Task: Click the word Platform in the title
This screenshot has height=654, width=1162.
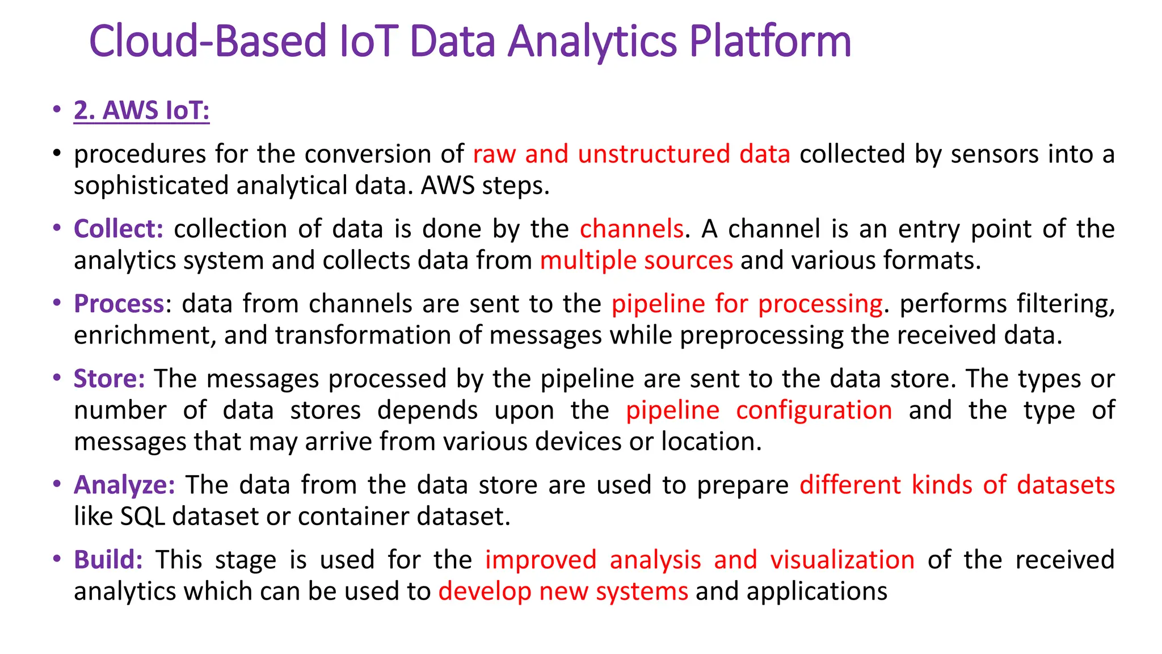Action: [x=770, y=42]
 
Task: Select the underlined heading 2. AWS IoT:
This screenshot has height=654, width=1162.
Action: [x=141, y=110]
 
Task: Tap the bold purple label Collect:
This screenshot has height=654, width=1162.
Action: [x=119, y=229]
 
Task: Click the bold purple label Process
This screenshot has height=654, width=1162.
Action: [x=119, y=304]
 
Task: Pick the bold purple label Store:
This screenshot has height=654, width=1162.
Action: [x=110, y=379]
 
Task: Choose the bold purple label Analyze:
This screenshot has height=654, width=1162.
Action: [x=124, y=485]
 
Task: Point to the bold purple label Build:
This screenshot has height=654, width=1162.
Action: [x=108, y=560]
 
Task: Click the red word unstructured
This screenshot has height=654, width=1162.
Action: [x=654, y=154]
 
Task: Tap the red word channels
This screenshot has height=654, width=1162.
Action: [x=631, y=229]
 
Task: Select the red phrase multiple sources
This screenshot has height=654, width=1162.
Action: [x=636, y=261]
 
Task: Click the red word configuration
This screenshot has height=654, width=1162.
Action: [x=814, y=410]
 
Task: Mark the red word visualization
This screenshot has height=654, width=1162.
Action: [x=842, y=560]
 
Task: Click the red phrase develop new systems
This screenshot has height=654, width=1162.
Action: [x=563, y=592]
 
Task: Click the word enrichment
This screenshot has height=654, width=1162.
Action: [x=145, y=336]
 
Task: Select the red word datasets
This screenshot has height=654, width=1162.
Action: [x=1066, y=485]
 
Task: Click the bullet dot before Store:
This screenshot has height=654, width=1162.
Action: [x=56, y=378]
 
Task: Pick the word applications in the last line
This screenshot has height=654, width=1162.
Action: [x=816, y=592]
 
